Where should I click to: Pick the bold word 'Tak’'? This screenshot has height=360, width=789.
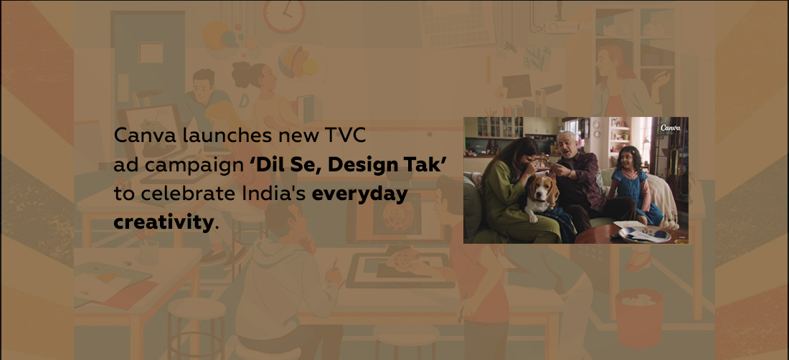430,165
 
